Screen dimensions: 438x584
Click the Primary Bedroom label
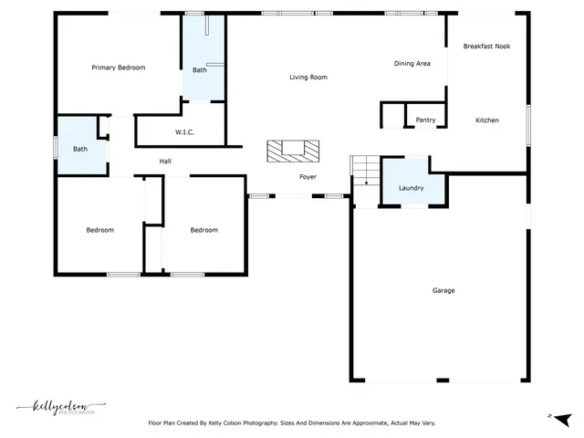(x=118, y=68)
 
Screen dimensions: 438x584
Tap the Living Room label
(x=308, y=78)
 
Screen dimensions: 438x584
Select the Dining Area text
(x=412, y=64)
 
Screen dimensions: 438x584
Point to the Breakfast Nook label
(x=486, y=46)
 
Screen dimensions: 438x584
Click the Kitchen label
(x=486, y=120)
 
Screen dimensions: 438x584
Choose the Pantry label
(x=425, y=120)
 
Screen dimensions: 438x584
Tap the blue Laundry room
(x=412, y=182)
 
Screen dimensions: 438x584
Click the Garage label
(x=443, y=291)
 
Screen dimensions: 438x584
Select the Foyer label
(x=308, y=177)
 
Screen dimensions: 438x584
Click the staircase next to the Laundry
(x=364, y=172)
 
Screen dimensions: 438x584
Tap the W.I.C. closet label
(x=184, y=132)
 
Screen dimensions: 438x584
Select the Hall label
(x=165, y=162)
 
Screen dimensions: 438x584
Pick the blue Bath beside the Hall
(x=80, y=148)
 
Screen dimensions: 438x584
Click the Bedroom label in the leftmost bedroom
(x=100, y=230)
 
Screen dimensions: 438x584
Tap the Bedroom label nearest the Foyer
(x=203, y=230)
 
